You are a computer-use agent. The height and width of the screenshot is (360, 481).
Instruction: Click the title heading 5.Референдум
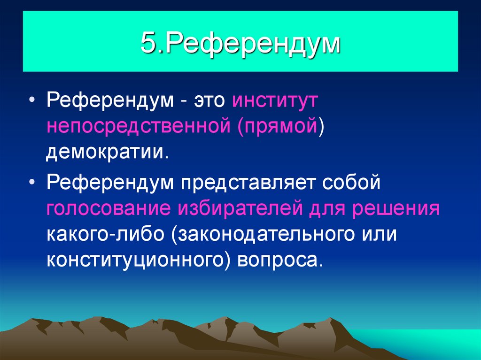pos(240,44)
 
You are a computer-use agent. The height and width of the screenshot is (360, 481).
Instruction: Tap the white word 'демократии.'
pos(107,153)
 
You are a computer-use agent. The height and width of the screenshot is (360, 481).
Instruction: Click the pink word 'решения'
pos(396,208)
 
